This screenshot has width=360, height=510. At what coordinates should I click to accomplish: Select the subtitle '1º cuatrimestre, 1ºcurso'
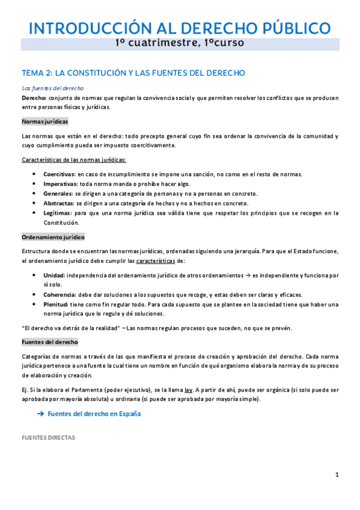coord(180,43)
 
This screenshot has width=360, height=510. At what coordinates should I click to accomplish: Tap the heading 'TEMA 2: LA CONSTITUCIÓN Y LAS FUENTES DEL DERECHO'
coord(133,73)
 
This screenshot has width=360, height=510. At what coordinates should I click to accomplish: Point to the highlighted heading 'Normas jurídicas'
coord(44,121)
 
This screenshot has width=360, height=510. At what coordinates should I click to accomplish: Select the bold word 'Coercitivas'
coord(59,174)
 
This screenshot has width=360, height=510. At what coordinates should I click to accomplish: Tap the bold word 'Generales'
coord(58,193)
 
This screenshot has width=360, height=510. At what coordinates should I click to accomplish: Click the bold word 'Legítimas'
coord(57,212)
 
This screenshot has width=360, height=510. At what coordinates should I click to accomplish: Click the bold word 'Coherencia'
coord(59,294)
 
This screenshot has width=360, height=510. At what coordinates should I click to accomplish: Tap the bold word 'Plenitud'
coord(55,304)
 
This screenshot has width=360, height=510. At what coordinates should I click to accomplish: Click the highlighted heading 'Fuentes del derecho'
coord(49,342)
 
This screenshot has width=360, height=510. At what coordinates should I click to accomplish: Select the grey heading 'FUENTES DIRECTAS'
coord(48,438)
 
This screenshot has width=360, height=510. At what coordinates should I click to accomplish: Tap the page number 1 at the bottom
coord(337,475)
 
